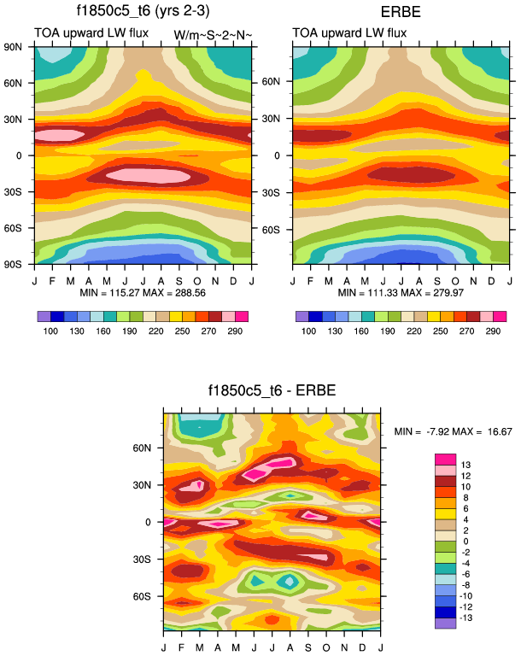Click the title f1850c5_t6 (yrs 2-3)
[143, 11]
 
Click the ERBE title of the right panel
[401, 11]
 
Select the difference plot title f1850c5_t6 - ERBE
[272, 391]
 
